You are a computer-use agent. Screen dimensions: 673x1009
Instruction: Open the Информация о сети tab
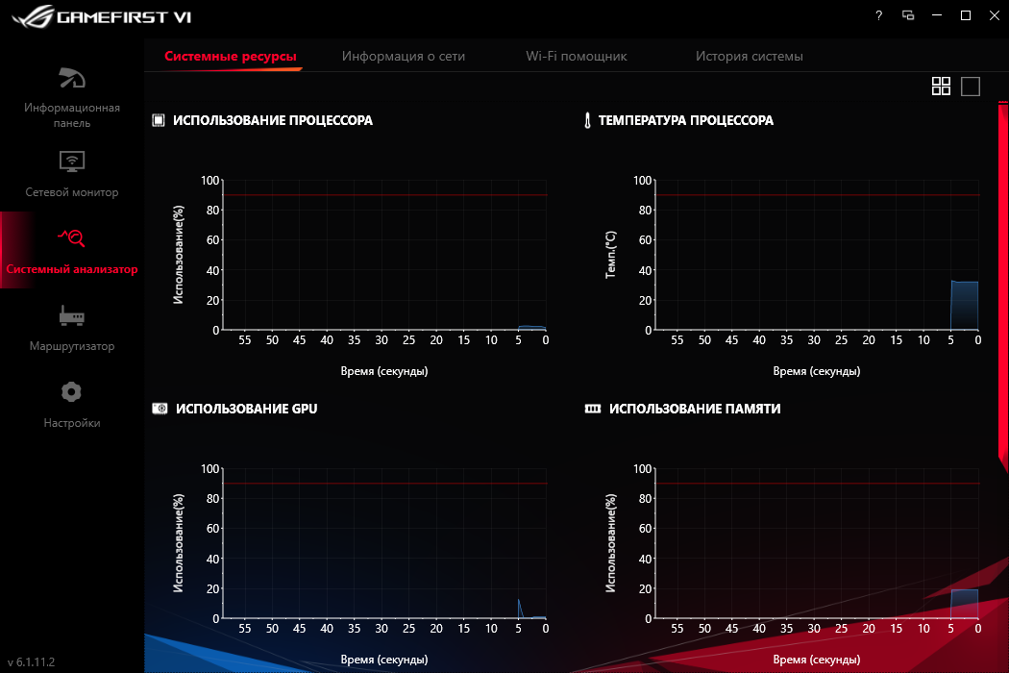[x=404, y=57]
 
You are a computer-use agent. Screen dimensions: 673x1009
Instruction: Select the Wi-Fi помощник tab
[x=577, y=57]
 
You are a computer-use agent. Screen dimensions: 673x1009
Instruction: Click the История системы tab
[x=750, y=57]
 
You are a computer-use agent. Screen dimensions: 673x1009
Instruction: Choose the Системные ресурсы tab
[x=231, y=57]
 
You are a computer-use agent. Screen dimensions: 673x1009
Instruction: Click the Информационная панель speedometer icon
[x=72, y=78]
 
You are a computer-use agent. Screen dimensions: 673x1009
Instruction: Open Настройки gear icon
[x=72, y=392]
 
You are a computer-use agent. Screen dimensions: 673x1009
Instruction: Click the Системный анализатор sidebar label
[x=72, y=269]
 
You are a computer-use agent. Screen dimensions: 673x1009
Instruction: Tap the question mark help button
[x=878, y=15]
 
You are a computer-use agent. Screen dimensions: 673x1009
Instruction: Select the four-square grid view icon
[x=941, y=87]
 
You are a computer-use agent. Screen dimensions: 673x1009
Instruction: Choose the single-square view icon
[x=971, y=87]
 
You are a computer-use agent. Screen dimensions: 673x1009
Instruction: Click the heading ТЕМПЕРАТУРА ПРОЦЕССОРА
[x=685, y=120]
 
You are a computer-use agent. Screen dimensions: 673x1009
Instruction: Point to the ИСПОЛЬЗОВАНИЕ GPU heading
[x=246, y=409]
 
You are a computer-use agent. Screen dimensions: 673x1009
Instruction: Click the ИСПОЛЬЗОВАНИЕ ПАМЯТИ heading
[x=694, y=409]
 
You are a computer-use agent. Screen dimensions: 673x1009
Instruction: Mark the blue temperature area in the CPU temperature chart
[x=964, y=306]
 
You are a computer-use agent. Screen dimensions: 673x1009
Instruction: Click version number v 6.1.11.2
[x=32, y=662]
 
